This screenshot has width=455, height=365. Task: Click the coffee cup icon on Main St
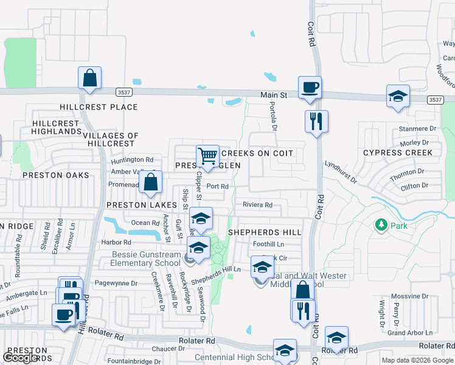[310, 88]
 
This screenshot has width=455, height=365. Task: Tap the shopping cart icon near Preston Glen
[208, 156]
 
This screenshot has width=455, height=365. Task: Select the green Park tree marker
[381, 225]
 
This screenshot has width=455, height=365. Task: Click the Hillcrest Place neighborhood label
[99, 107]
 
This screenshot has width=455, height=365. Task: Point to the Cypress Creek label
[398, 153]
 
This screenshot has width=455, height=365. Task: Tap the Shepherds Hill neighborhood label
[265, 233]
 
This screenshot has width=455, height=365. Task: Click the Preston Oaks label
[55, 175]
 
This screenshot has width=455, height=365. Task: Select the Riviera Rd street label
[257, 205]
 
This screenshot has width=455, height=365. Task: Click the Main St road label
[274, 96]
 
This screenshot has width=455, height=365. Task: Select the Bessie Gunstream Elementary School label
[146, 259]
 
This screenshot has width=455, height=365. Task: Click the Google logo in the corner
[21, 358]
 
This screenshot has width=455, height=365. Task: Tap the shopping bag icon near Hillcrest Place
[89, 78]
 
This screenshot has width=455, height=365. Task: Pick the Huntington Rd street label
[132, 160]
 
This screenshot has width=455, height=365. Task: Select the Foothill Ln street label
[268, 245]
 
